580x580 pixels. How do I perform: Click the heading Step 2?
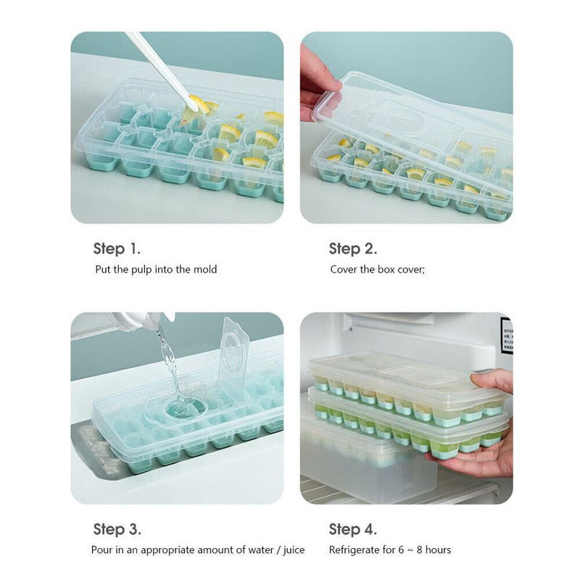[353, 249]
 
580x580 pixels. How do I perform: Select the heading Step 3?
[117, 529]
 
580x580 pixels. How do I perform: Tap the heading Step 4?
[353, 529]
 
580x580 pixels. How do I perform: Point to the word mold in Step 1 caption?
[205, 270]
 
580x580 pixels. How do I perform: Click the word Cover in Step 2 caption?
[344, 270]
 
